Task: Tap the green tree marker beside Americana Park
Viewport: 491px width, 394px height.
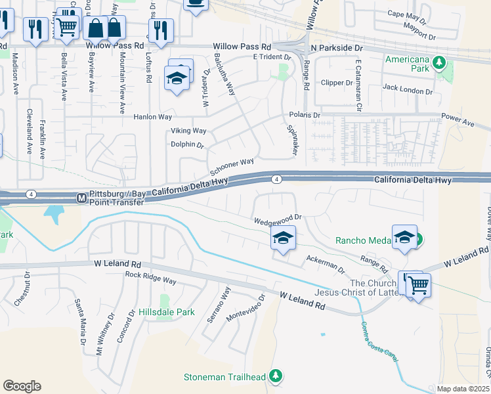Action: tap(438, 63)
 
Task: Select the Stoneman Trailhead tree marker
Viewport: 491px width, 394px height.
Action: tap(277, 376)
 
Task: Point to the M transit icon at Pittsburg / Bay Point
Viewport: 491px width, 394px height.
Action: tap(82, 197)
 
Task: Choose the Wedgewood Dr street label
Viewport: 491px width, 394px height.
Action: tap(278, 217)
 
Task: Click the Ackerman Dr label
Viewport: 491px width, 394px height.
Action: tap(325, 265)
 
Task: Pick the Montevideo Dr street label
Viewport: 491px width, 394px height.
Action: tap(245, 307)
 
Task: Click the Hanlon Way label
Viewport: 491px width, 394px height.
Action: tap(152, 116)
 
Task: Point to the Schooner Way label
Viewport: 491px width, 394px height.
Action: tap(232, 166)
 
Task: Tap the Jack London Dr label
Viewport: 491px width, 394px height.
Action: tap(408, 87)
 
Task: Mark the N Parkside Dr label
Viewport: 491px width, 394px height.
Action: tap(337, 48)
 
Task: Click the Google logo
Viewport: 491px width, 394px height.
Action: tap(22, 386)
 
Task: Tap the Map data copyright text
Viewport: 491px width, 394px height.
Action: tap(463, 389)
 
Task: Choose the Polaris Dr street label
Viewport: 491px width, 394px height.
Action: tap(304, 115)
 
